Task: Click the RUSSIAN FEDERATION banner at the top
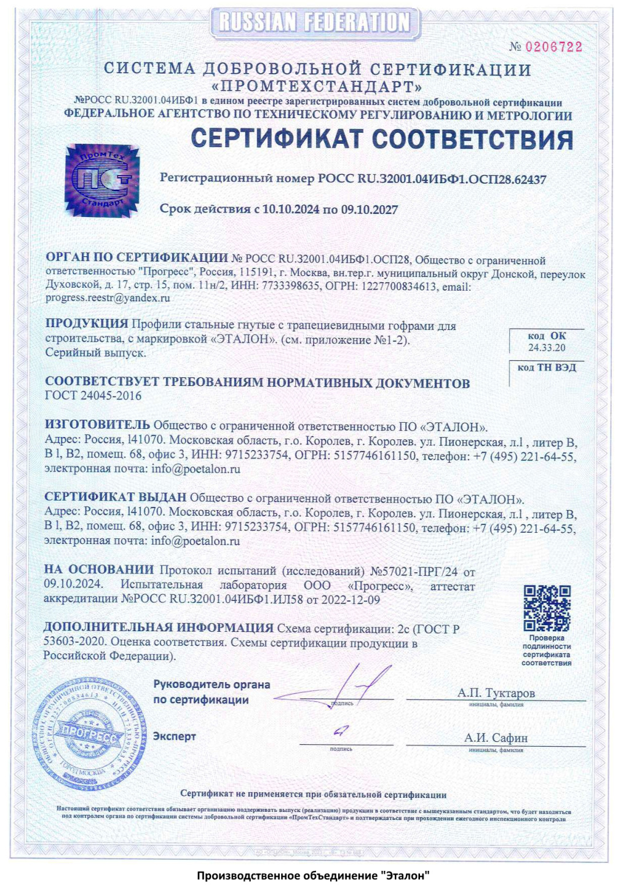[315, 23]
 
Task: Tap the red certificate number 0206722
[553, 47]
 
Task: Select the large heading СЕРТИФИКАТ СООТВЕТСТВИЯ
[381, 140]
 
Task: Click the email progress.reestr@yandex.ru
[108, 298]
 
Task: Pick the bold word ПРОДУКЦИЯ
[87, 324]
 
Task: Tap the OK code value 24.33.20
[547, 348]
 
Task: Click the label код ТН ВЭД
[547, 368]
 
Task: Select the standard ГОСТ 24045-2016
[93, 396]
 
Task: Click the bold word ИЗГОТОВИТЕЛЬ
[97, 425]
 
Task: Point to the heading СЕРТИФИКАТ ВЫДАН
[115, 497]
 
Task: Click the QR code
[547, 608]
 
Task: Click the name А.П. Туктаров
[496, 693]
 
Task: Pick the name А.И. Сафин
[496, 738]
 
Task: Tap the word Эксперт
[175, 736]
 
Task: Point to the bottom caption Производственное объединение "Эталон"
[312, 875]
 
